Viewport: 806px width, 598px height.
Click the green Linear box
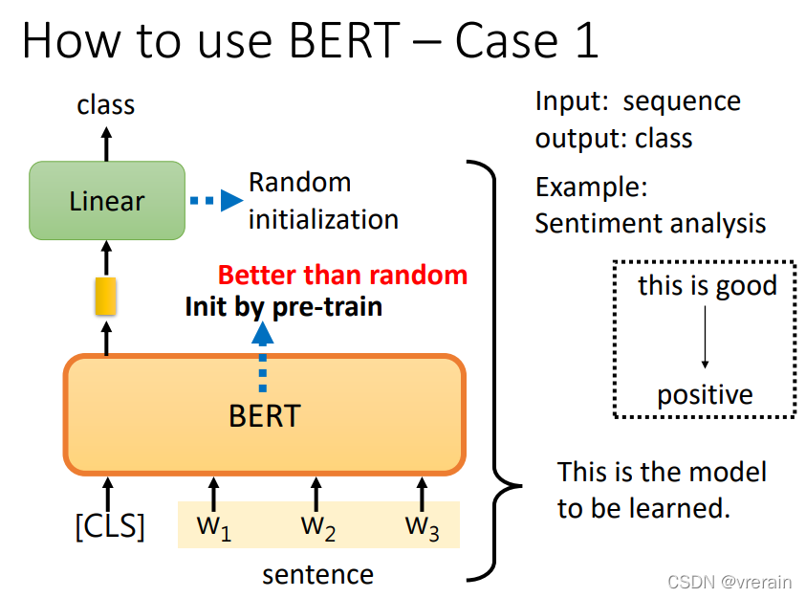click(x=107, y=201)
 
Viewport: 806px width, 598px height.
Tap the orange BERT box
click(x=264, y=415)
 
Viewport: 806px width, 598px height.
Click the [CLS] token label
click(x=110, y=525)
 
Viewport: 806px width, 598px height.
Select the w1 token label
click(x=213, y=526)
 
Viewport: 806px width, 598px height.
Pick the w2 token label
click(x=317, y=526)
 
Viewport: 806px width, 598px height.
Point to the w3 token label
click(x=422, y=526)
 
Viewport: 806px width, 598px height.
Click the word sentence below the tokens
click(x=317, y=574)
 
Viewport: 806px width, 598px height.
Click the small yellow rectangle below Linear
click(x=105, y=297)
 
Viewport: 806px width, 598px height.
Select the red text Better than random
click(x=342, y=276)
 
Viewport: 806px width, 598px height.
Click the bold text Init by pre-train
click(x=283, y=306)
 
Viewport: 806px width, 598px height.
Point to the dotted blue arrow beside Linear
click(x=214, y=201)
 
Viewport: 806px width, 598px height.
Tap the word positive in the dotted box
click(x=705, y=394)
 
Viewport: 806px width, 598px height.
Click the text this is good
click(x=707, y=285)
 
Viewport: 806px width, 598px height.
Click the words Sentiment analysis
click(x=650, y=223)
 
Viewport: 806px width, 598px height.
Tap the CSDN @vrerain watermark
click(x=730, y=582)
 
